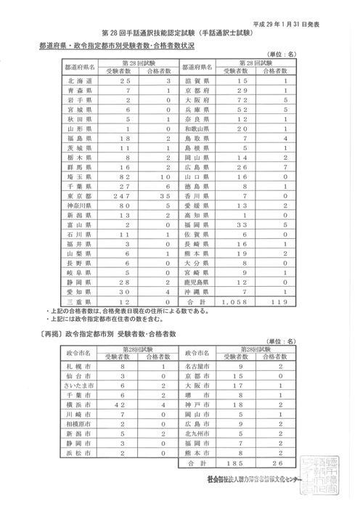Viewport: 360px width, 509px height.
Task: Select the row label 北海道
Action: point(78,84)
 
